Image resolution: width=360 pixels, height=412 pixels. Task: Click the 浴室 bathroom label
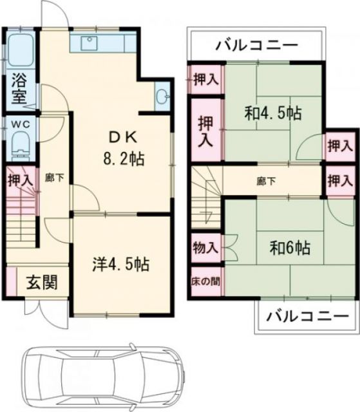(x=17, y=89)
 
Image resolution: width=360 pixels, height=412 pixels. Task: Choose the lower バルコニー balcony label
(x=299, y=316)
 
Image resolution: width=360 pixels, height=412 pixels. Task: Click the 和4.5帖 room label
(x=272, y=113)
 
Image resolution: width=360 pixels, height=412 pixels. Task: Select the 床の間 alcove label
(x=205, y=281)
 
